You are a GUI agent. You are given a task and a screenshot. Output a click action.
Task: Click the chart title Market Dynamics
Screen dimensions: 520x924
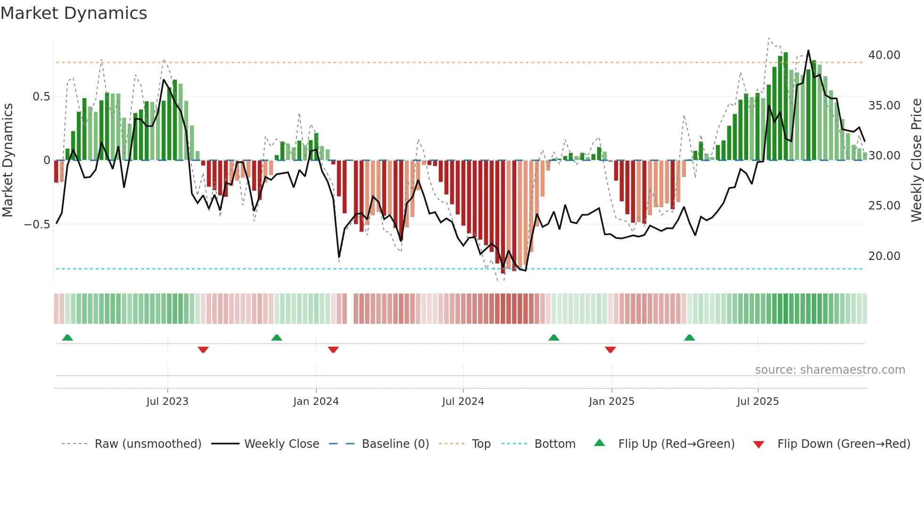(x=74, y=13)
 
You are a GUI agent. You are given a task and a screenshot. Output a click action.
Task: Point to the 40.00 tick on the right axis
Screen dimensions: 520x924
(x=884, y=55)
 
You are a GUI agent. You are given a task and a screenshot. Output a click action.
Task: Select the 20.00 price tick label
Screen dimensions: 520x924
(x=884, y=256)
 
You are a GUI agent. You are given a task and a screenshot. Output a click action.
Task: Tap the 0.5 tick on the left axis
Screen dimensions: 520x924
(x=41, y=97)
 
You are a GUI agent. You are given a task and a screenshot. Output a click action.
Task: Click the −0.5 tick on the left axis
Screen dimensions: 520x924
(x=37, y=225)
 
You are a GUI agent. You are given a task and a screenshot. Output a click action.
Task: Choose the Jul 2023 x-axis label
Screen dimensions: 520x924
(x=167, y=402)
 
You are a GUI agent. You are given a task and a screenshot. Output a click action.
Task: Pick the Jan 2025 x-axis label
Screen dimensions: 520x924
(x=611, y=402)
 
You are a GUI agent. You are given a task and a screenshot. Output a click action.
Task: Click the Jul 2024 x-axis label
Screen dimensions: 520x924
(x=463, y=402)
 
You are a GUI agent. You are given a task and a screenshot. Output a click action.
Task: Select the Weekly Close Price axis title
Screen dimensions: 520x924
(x=916, y=160)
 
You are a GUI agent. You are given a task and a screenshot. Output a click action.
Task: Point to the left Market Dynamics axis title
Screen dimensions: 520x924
(x=8, y=160)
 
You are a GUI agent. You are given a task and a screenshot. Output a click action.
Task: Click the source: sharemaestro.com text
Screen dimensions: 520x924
(x=830, y=370)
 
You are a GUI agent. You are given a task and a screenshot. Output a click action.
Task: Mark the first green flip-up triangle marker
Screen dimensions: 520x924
(x=67, y=337)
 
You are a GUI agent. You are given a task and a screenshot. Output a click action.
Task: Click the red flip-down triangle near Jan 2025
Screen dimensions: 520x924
(x=610, y=350)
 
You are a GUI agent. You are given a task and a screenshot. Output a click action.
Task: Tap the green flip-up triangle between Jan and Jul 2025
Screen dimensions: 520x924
(x=689, y=337)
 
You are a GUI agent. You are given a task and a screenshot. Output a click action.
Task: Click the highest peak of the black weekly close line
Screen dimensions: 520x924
(x=808, y=50)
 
